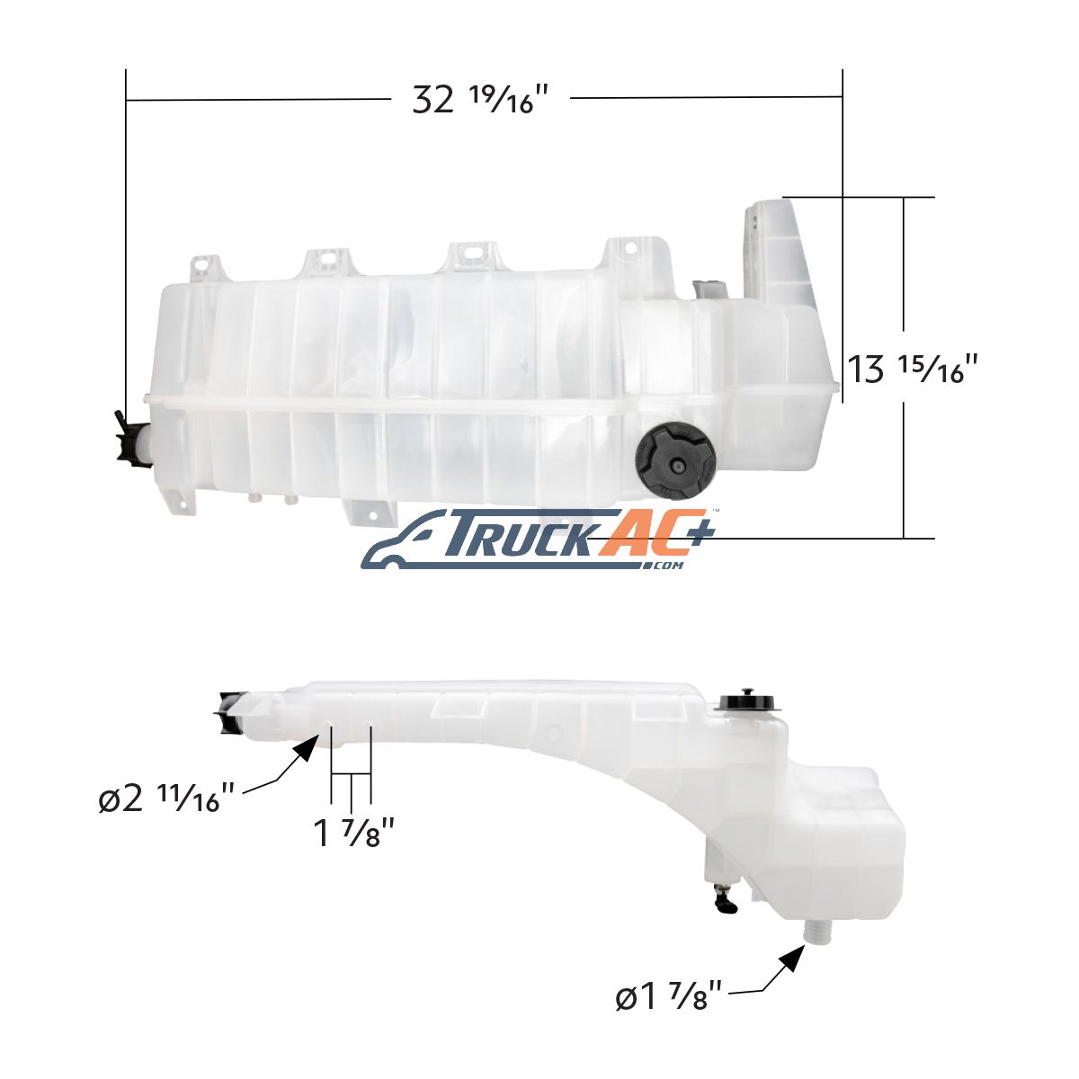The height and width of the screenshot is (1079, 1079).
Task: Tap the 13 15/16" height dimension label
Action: coord(913,369)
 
